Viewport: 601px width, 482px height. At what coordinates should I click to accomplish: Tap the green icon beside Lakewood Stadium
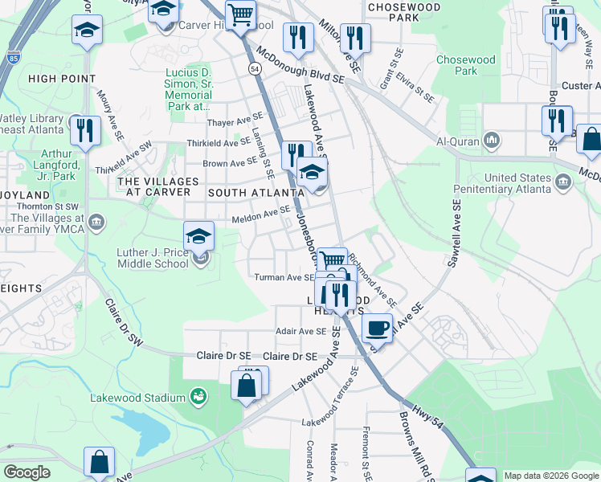(x=197, y=396)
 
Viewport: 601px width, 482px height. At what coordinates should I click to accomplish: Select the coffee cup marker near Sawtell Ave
(x=376, y=327)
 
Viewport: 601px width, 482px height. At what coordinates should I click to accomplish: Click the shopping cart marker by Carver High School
(x=240, y=14)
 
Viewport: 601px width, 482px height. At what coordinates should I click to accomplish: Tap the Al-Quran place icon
(x=493, y=142)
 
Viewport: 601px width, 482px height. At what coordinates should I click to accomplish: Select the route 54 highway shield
(x=255, y=70)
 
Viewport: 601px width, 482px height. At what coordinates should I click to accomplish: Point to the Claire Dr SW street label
(x=124, y=323)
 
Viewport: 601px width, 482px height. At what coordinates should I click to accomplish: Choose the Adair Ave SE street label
(x=301, y=330)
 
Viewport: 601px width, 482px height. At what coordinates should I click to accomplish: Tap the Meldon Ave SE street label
(x=260, y=214)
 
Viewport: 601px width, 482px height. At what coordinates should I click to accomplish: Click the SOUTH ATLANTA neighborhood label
(x=256, y=193)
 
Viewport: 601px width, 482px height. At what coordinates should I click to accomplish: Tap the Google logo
(x=27, y=472)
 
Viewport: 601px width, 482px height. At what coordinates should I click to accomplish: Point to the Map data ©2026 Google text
(x=550, y=476)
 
